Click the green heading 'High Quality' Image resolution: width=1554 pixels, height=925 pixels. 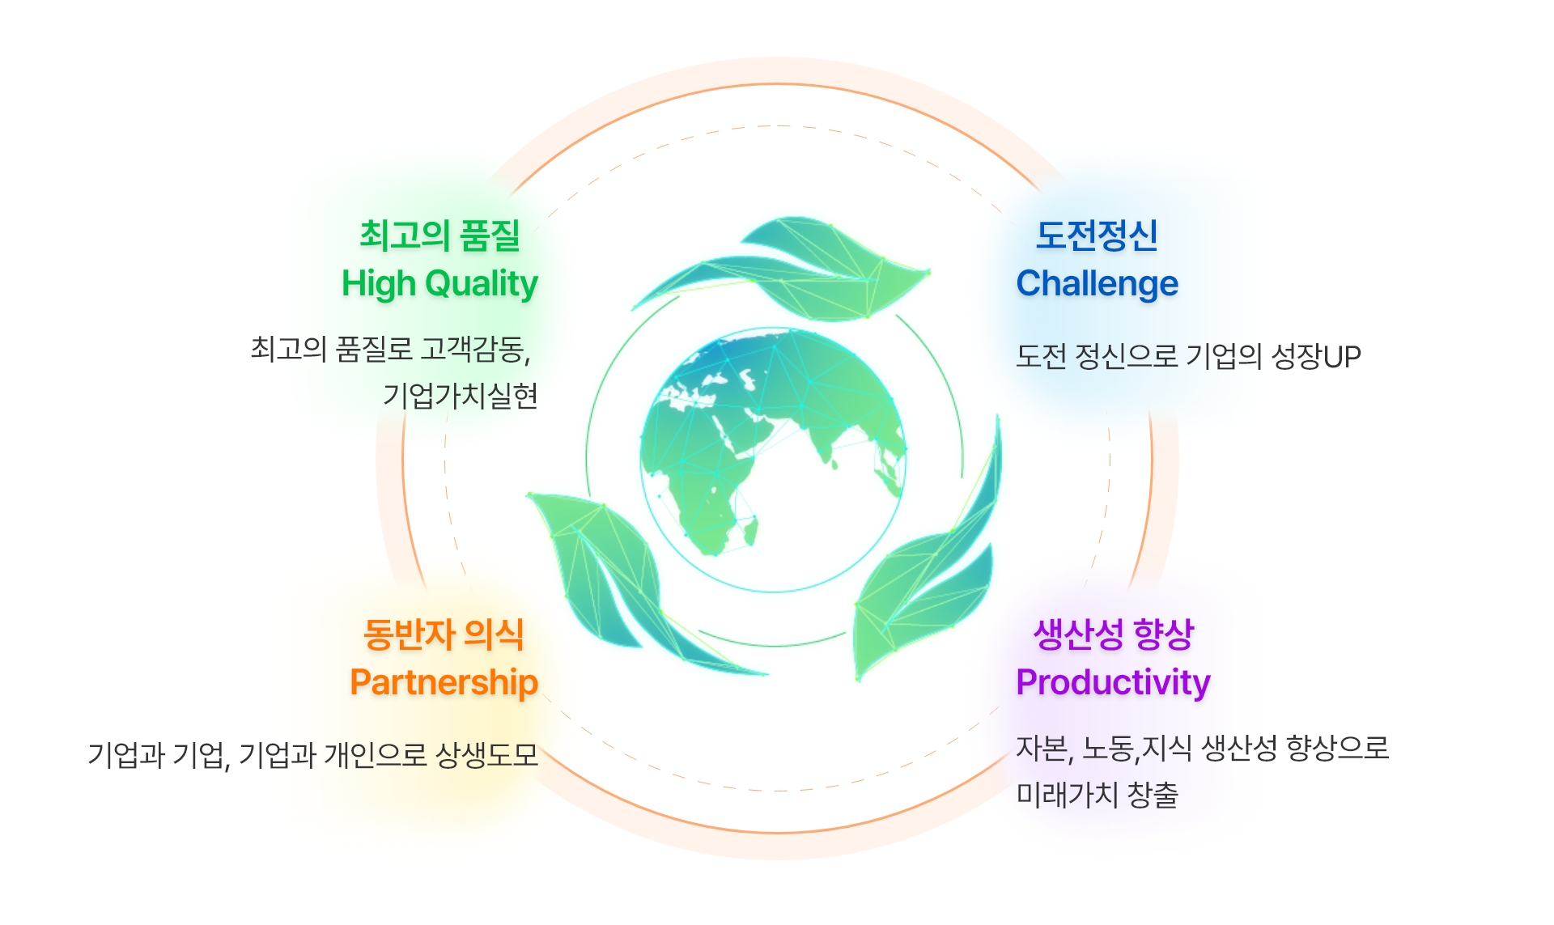pos(439,284)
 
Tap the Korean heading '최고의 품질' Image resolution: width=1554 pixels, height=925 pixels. pos(439,235)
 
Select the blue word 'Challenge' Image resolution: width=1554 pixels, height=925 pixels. pos(1097,284)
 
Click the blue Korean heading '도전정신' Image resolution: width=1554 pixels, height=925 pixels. pos(1097,235)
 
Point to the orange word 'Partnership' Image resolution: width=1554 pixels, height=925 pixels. pos(444,682)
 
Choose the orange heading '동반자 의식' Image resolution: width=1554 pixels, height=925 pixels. pos(444,634)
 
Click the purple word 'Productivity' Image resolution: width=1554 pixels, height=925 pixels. pos(1113,682)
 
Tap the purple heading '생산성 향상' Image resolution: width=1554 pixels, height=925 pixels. pos(1113,634)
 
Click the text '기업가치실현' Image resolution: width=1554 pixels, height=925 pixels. pos(461,396)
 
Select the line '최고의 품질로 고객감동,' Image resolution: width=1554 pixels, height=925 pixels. pos(390,349)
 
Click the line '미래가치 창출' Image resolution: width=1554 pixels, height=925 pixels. pos(1097,795)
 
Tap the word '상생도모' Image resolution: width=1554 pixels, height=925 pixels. pos(486,755)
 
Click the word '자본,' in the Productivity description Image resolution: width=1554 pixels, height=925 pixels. pos(1044,749)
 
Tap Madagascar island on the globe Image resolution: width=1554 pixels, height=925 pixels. pos(751,530)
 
